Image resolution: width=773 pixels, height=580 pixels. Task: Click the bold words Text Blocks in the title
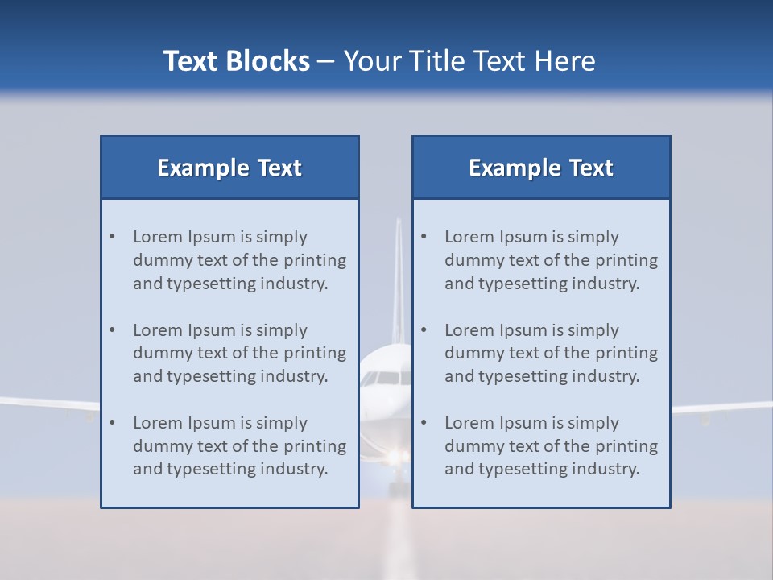[x=236, y=61]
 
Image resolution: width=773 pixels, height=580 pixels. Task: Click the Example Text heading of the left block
[x=229, y=168]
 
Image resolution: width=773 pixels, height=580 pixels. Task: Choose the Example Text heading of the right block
[x=541, y=168]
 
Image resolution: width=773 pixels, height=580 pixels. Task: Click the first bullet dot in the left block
[x=113, y=237]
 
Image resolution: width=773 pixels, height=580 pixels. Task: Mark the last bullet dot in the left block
[x=113, y=423]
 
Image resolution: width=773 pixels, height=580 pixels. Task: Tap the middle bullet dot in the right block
[x=424, y=330]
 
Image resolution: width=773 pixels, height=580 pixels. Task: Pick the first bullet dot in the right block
[x=424, y=237]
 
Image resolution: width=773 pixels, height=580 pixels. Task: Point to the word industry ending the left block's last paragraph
[x=293, y=469]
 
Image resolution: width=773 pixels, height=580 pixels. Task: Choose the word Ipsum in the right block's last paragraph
[x=523, y=423]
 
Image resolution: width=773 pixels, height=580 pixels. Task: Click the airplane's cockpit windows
[x=385, y=377]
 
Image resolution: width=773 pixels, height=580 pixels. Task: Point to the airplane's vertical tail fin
[x=397, y=274]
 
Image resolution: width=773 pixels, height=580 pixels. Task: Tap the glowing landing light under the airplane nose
[x=393, y=458]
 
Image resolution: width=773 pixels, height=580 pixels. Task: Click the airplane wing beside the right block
[x=721, y=408]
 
